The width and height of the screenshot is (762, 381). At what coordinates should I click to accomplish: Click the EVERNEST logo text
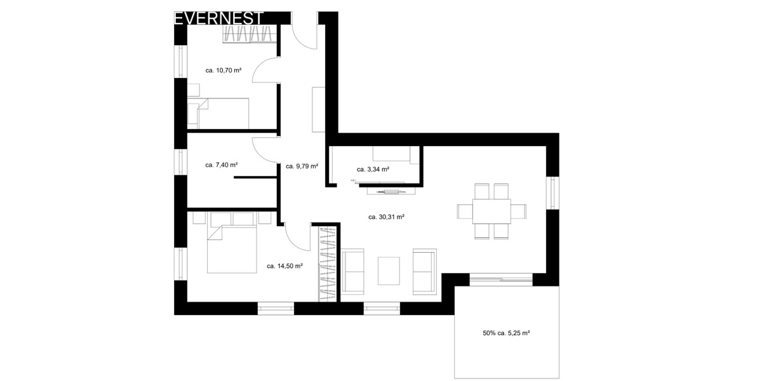click(x=218, y=18)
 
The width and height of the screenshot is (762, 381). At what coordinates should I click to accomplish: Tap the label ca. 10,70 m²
click(x=223, y=70)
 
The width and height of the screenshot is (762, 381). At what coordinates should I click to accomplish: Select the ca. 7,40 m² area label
click(x=222, y=165)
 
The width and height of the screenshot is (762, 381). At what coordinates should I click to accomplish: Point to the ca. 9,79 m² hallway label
click(x=302, y=166)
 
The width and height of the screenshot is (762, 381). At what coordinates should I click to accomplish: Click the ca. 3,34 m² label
click(x=373, y=170)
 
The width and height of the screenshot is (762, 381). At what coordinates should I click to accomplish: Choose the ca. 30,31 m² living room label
click(x=386, y=217)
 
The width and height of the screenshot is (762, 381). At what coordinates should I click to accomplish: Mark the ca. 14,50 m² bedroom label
click(x=284, y=266)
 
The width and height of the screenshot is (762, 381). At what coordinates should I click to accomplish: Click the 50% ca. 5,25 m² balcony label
click(x=506, y=332)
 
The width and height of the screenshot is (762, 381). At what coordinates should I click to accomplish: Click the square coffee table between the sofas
click(x=389, y=271)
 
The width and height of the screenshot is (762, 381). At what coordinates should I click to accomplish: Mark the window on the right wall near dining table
click(x=553, y=192)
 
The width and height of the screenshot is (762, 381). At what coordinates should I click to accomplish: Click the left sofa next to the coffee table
click(x=353, y=271)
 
